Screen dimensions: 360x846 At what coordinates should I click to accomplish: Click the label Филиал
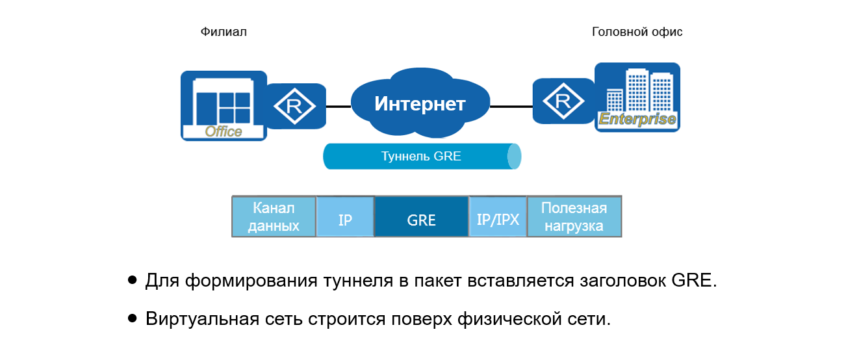(224, 32)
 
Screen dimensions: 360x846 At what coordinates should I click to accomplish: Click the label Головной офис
(637, 32)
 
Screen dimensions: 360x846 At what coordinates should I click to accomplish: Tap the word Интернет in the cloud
(420, 104)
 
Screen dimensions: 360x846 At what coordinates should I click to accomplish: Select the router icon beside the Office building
(296, 106)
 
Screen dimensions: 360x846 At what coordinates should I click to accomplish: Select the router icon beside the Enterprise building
(563, 101)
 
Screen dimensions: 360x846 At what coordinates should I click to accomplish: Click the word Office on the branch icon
(224, 132)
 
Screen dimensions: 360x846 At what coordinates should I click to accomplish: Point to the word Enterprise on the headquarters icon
(637, 120)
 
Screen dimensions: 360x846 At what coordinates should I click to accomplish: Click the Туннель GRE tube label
(420, 157)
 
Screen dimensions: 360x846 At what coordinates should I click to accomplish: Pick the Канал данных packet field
(274, 217)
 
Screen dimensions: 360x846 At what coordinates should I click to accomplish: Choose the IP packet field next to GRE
(345, 220)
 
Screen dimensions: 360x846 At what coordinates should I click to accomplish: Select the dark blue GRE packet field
(421, 220)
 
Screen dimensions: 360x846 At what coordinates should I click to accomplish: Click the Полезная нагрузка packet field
(574, 217)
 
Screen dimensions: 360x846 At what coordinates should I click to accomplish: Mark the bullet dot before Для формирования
(133, 281)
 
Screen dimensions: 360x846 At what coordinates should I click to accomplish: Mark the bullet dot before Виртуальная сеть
(133, 318)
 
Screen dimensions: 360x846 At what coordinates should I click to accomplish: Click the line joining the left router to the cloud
(338, 106)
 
